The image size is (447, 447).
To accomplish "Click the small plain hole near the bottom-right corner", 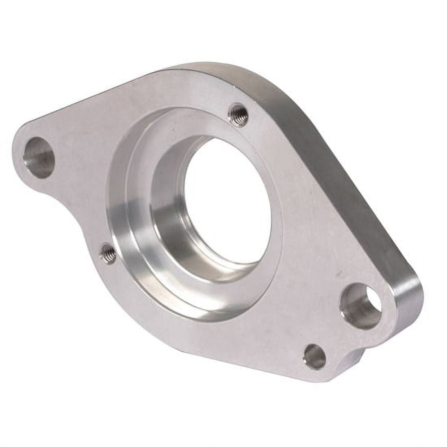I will coord(315,356).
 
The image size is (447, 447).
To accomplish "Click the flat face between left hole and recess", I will coord(81,163).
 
